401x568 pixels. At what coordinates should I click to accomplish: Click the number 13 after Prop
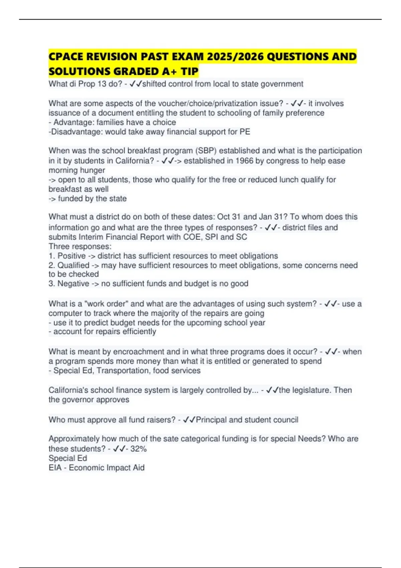(102, 84)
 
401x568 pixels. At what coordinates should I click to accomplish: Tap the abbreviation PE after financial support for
(245, 132)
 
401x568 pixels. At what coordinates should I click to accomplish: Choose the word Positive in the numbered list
(72, 256)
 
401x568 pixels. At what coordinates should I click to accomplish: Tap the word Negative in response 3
(73, 284)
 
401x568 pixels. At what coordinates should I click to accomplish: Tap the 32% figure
(138, 449)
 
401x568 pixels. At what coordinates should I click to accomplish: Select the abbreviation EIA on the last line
(55, 467)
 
